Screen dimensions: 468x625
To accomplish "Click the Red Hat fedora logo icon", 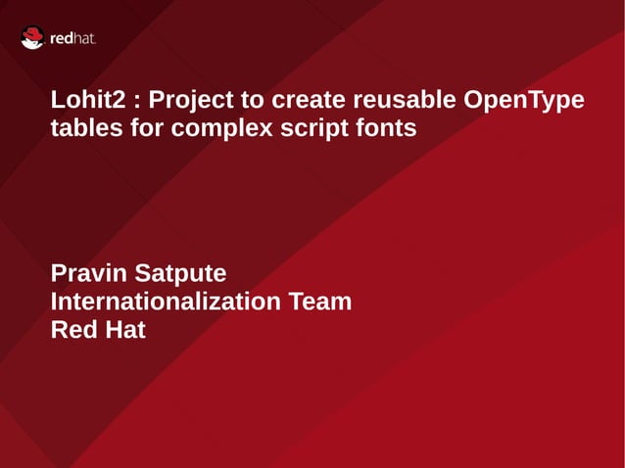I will tap(32, 38).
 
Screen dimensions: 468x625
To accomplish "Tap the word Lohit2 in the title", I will tap(85, 101).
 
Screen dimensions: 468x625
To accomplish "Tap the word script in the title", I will tap(305, 127).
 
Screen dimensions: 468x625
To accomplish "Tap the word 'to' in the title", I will tap(254, 101).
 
